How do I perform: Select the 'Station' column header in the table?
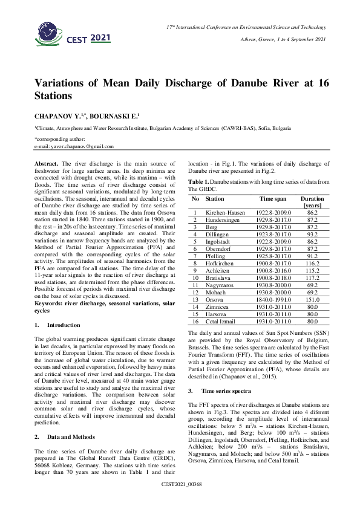(x=215, y=198)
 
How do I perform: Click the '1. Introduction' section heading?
(x=60, y=325)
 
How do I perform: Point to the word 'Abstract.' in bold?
(x=47, y=164)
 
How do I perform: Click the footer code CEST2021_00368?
(x=180, y=502)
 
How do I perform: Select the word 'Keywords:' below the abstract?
(x=48, y=302)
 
